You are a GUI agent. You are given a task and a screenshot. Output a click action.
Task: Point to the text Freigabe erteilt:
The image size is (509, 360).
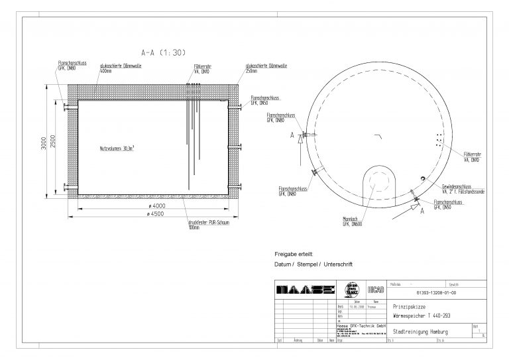[x=293, y=254]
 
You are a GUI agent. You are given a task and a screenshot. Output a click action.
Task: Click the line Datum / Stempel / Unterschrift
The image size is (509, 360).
[x=313, y=264]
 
